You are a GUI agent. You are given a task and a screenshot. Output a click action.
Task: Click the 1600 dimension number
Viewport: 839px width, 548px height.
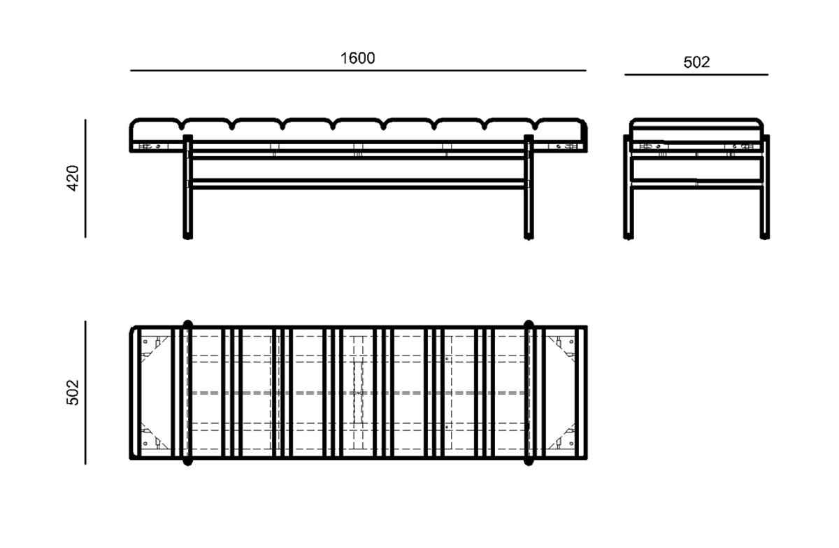[357, 59]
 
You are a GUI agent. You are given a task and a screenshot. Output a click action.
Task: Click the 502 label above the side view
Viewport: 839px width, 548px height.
[696, 62]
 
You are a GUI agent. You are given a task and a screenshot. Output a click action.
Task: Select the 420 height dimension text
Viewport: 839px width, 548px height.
[73, 178]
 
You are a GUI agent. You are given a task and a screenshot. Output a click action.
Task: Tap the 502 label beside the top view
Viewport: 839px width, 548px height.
[73, 393]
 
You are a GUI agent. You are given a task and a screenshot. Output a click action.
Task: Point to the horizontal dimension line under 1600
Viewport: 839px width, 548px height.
[358, 71]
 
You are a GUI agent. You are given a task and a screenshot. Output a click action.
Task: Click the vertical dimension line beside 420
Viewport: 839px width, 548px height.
[85, 178]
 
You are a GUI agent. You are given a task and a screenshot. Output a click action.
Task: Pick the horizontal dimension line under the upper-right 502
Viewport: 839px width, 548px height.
[696, 75]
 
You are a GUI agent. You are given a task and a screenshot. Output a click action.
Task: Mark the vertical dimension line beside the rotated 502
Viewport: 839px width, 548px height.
[85, 393]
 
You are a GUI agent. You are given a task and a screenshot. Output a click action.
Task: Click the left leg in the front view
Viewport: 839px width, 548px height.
[187, 187]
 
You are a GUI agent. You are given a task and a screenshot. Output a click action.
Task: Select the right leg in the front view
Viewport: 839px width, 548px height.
[529, 187]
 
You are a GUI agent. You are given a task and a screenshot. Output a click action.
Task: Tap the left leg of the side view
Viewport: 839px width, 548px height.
[628, 187]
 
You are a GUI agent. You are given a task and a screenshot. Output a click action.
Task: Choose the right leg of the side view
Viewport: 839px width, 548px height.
[764, 187]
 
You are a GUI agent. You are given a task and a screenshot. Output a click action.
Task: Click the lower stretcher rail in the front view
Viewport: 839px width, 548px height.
[358, 183]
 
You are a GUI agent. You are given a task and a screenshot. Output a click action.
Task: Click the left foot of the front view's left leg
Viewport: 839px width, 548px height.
[187, 237]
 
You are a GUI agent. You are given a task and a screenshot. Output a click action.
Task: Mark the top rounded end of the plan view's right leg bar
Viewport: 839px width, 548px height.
[529, 324]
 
